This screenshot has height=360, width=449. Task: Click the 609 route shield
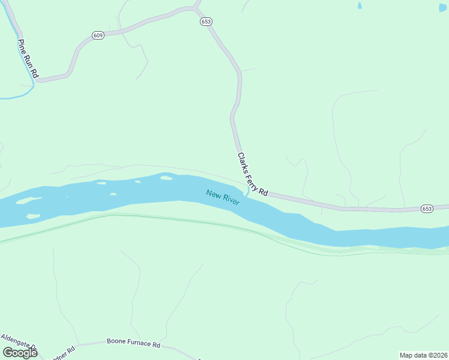click(98, 35)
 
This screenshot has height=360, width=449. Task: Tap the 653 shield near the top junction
click(206, 21)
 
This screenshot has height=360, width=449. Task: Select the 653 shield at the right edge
click(427, 208)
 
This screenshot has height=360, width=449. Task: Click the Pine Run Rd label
click(28, 59)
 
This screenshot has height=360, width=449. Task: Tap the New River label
click(223, 197)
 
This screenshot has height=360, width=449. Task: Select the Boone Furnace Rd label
click(133, 344)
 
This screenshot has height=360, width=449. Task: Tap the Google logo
click(20, 352)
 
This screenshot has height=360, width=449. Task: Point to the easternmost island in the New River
click(166, 178)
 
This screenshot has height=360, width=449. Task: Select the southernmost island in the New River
click(34, 216)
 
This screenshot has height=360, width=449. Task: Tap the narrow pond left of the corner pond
click(360, 5)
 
